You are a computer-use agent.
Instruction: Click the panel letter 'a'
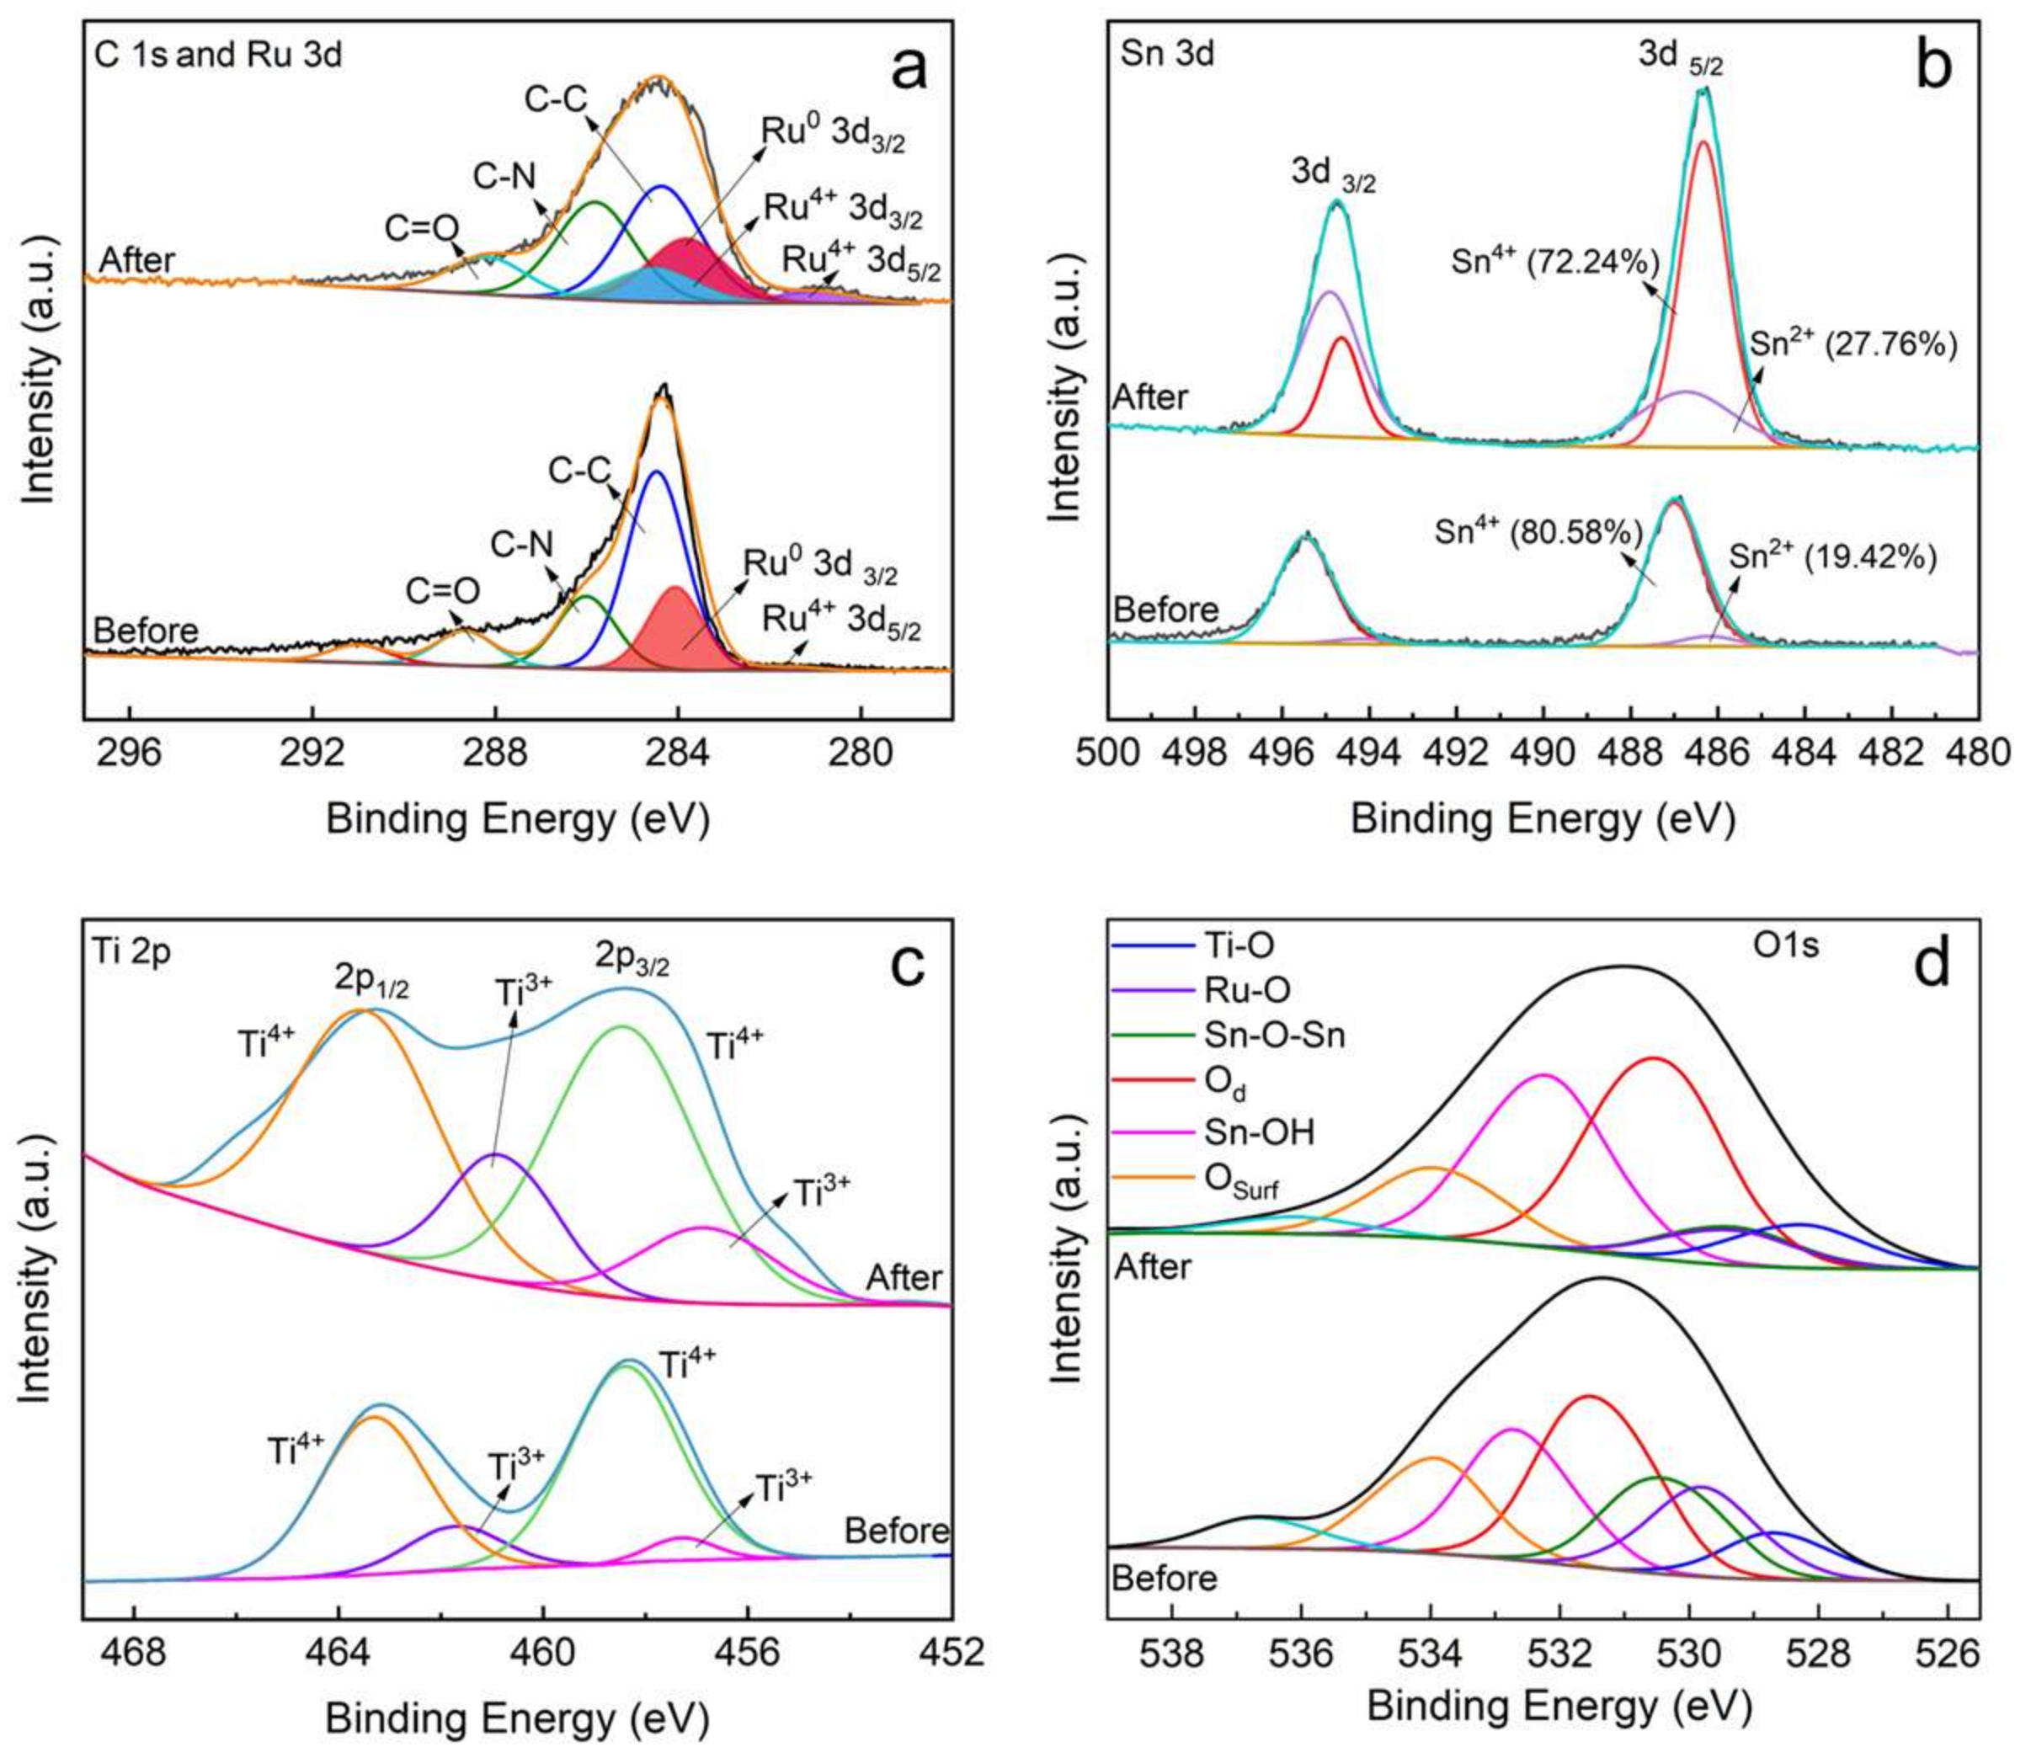point(907,71)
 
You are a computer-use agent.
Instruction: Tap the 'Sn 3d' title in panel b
point(1167,54)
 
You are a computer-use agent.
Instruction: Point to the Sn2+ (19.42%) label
point(1833,558)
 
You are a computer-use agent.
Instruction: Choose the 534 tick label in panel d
point(1431,1652)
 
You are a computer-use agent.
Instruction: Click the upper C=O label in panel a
point(422,229)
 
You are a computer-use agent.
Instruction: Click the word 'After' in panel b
point(1150,397)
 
